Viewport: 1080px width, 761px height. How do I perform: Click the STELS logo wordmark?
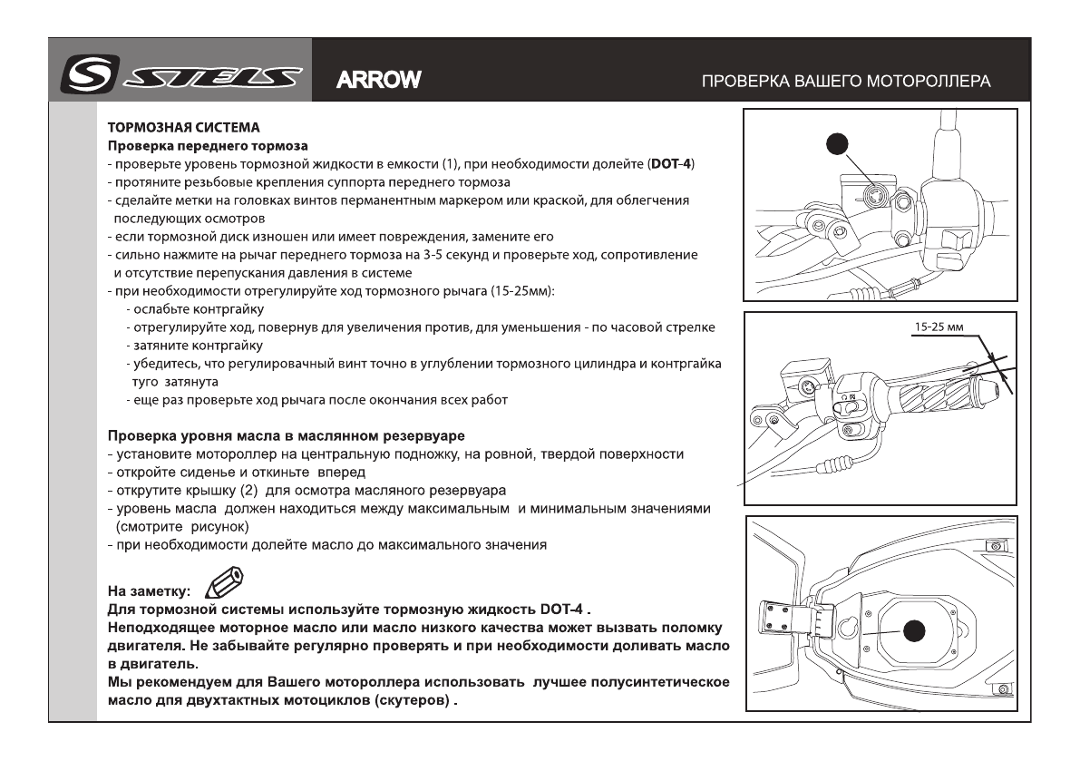[x=222, y=78]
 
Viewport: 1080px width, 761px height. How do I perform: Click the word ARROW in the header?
[x=378, y=80]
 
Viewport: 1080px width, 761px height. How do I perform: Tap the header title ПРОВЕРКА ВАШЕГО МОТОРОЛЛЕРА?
[x=846, y=81]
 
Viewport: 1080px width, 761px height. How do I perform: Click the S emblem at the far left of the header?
[x=82, y=78]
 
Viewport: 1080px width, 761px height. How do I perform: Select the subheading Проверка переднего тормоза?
[x=208, y=145]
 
